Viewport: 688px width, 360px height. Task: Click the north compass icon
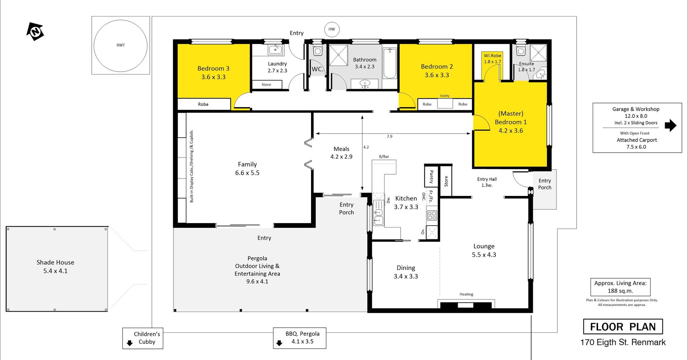[35, 32]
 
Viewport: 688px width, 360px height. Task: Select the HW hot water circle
[332, 29]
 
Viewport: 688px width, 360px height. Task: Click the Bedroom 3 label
[213, 68]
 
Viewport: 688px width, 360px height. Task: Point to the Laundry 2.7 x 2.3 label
[277, 67]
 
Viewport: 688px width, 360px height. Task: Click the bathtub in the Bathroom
[390, 63]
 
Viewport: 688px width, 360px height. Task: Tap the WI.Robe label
[492, 56]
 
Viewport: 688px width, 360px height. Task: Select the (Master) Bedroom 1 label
[511, 122]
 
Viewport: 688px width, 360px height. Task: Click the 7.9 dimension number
[390, 136]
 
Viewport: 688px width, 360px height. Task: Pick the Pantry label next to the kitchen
[431, 176]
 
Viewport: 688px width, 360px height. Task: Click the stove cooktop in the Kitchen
[432, 215]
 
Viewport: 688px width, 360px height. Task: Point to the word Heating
[466, 294]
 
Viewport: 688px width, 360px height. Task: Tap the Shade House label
[55, 262]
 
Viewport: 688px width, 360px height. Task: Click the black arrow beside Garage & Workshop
[670, 125]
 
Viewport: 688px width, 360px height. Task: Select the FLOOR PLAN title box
[623, 327]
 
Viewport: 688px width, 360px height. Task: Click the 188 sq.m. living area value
[620, 291]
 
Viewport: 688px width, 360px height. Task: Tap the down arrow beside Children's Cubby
[130, 344]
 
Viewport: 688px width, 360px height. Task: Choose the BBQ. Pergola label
[302, 333]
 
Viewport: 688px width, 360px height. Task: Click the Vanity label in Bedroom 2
[445, 96]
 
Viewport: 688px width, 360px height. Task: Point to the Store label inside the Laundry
[266, 85]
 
